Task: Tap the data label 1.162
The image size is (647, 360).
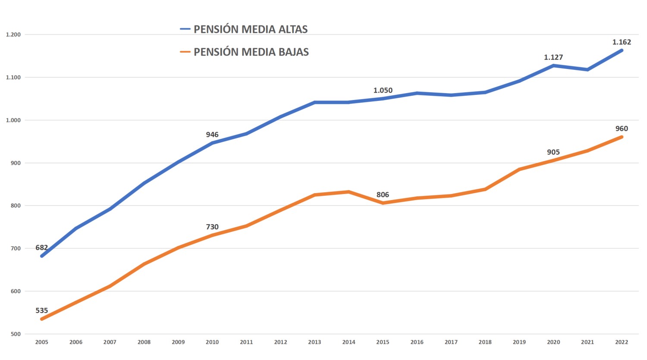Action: tap(622, 42)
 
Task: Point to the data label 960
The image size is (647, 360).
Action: tap(622, 129)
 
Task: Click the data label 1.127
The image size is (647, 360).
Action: tap(553, 57)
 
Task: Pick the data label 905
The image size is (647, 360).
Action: tap(553, 152)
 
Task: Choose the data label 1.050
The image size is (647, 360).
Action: tap(383, 91)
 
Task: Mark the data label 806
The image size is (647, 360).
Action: tap(383, 195)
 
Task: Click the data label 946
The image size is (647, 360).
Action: tap(212, 135)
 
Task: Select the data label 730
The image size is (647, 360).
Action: tap(212, 227)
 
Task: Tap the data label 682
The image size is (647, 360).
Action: tap(42, 248)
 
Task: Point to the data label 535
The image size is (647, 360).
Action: tap(42, 311)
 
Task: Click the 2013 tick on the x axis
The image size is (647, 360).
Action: tap(314, 342)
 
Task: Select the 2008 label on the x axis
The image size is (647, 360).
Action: tap(144, 342)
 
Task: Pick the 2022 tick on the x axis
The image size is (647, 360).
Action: tap(622, 342)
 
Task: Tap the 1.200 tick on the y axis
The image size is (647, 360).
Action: tap(13, 35)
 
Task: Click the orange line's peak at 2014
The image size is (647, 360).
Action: tap(349, 192)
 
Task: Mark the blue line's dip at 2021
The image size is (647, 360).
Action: tap(587, 69)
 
